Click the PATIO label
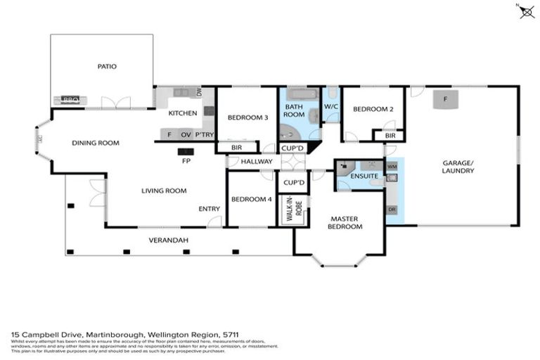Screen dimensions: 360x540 pyautogui.click(x=107, y=67)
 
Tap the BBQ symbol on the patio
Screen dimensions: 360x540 pyautogui.click(x=71, y=100)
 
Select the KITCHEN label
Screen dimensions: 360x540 pyautogui.click(x=182, y=113)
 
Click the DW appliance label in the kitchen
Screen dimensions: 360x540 pyautogui.click(x=200, y=92)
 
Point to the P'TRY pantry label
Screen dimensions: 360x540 pyautogui.click(x=205, y=134)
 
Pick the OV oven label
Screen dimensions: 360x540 pyautogui.click(x=186, y=134)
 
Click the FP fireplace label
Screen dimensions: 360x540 pyautogui.click(x=186, y=160)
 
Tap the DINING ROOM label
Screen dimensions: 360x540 pyautogui.click(x=96, y=143)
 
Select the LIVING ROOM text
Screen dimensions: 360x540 pyautogui.click(x=164, y=190)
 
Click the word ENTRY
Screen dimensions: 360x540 pyautogui.click(x=210, y=208)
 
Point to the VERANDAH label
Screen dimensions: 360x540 pyautogui.click(x=168, y=240)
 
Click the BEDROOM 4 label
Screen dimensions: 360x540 pyautogui.click(x=251, y=199)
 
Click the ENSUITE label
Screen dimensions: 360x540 pyautogui.click(x=365, y=175)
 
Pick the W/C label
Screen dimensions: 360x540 pyautogui.click(x=331, y=107)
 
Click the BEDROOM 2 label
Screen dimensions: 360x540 pyautogui.click(x=373, y=109)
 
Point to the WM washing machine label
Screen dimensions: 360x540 pyautogui.click(x=392, y=166)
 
